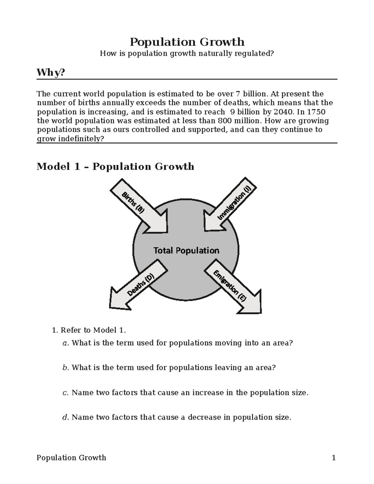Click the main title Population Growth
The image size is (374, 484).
pos(187,42)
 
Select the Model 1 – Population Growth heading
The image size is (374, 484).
pos(115,166)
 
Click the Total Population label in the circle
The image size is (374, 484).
pos(186,251)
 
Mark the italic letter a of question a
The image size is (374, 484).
pos(65,343)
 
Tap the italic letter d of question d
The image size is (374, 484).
pos(65,417)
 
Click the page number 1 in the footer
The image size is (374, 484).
pos(334,458)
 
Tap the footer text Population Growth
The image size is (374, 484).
pos(71,458)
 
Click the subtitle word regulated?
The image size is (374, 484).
pos(258,54)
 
